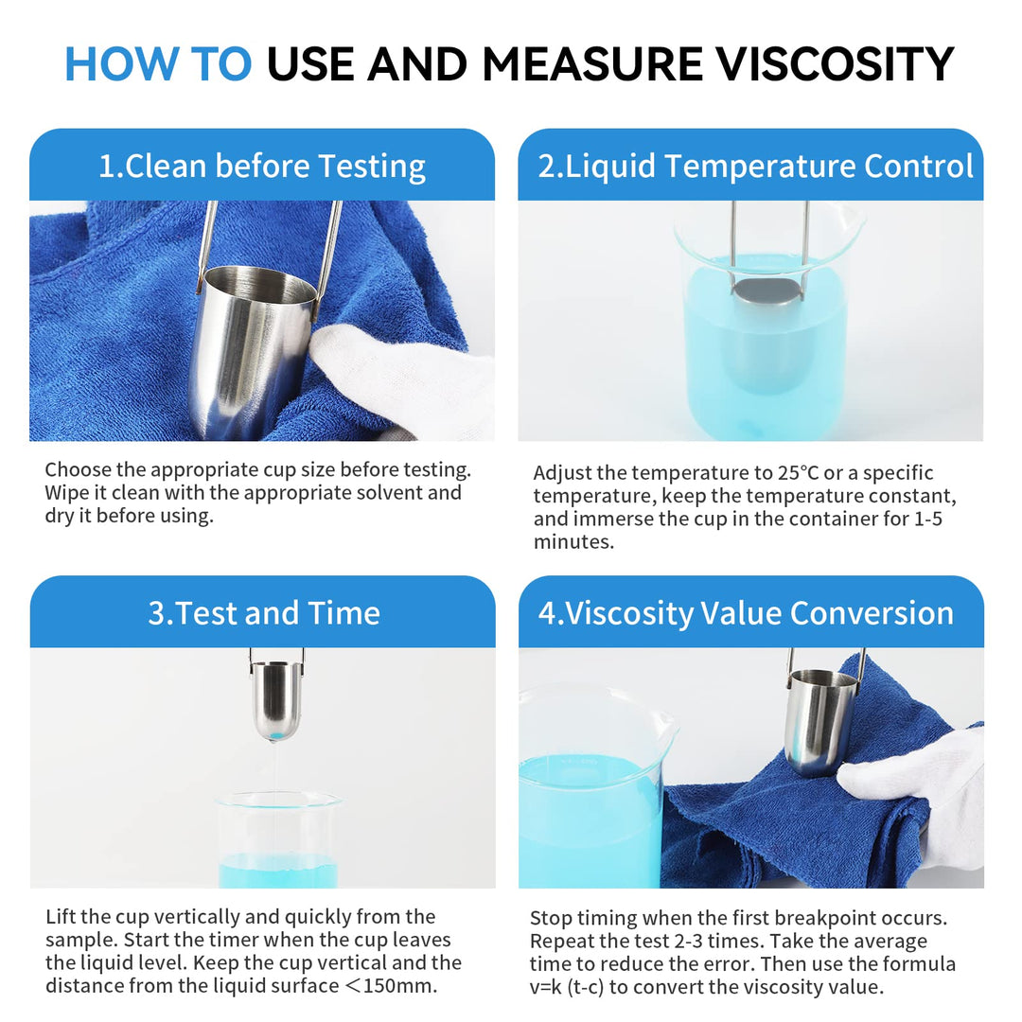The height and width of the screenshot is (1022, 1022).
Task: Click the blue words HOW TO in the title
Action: click(157, 64)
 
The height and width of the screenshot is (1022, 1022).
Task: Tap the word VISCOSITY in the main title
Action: click(834, 64)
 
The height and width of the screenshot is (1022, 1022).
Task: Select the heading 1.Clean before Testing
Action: click(262, 167)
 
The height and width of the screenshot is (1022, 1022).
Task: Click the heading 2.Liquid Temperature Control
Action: click(755, 167)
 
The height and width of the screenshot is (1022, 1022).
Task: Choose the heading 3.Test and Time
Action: click(263, 613)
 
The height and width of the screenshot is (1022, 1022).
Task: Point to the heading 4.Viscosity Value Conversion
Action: click(746, 613)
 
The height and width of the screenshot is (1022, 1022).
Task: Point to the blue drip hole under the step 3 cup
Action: click(276, 733)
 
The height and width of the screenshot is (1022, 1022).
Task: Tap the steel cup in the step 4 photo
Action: click(819, 719)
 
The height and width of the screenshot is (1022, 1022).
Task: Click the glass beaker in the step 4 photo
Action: click(591, 795)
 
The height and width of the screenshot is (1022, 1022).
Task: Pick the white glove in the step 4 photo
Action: click(923, 795)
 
